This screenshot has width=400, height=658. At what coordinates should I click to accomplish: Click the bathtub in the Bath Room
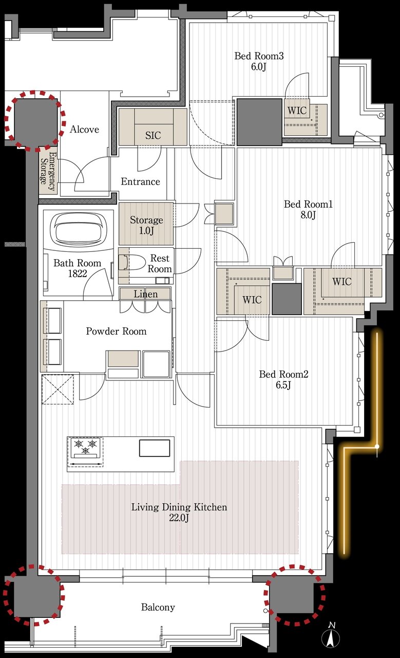(79, 228)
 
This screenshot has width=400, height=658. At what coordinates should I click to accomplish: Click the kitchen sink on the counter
(155, 448)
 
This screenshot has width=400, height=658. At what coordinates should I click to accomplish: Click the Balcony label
(158, 607)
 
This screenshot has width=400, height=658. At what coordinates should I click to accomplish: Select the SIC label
(153, 135)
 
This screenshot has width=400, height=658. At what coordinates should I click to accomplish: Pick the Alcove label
(84, 129)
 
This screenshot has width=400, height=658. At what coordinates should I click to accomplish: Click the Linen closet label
(145, 294)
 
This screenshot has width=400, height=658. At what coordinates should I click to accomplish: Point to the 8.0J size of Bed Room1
(308, 215)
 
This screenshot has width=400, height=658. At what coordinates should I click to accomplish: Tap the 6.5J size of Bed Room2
(283, 385)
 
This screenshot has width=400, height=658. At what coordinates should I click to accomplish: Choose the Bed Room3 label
(259, 56)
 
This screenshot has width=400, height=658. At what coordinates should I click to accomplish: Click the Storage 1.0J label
(146, 225)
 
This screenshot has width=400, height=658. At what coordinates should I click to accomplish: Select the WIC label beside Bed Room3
(297, 111)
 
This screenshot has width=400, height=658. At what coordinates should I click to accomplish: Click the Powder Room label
(116, 331)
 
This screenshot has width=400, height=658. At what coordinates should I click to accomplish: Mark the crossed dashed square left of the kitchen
(58, 390)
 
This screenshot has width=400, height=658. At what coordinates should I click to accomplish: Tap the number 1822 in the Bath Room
(78, 274)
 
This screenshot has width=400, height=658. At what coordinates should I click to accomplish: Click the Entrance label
(141, 181)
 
